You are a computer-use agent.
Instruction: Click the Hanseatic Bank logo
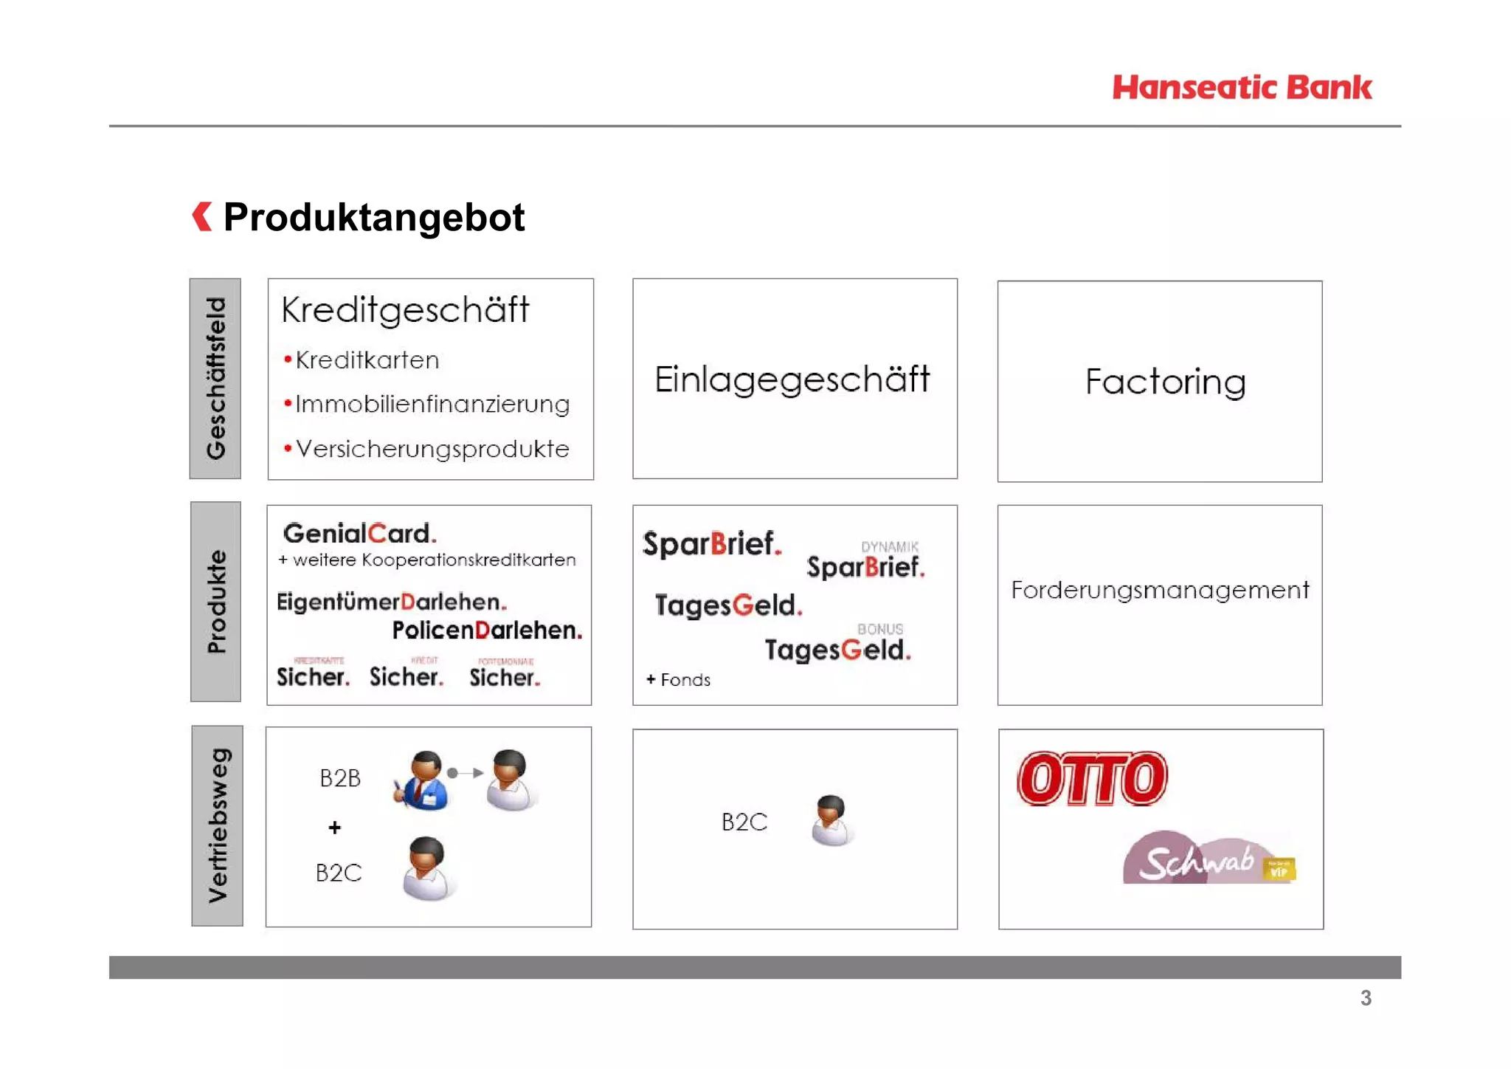point(1242,88)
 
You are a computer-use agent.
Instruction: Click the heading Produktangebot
point(374,217)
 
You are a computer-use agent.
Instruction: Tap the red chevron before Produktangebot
point(202,216)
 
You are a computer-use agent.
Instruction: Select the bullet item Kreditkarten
point(367,360)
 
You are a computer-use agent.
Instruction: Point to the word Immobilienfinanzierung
point(432,405)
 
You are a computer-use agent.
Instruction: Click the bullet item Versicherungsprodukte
point(432,449)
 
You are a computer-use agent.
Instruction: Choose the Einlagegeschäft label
point(792,379)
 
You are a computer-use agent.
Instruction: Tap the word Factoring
point(1165,382)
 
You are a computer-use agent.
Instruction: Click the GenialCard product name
point(359,533)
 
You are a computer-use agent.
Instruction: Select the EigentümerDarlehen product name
point(391,602)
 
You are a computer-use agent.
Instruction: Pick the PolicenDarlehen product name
point(487,630)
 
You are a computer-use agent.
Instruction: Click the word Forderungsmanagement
point(1160,590)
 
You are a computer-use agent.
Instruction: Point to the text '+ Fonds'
point(678,680)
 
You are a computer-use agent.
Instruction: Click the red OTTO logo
point(1092,778)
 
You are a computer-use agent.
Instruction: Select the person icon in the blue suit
point(422,781)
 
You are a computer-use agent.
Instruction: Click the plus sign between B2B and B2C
point(335,828)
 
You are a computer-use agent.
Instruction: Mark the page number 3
point(1366,998)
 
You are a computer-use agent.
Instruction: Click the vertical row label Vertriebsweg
point(218,825)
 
